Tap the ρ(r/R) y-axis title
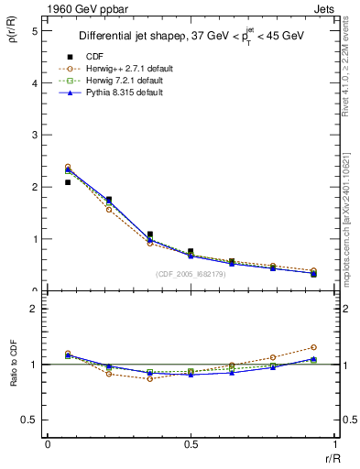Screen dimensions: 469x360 16,43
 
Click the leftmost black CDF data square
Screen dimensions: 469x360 68,182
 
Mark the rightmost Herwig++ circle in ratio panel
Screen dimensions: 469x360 313,347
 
